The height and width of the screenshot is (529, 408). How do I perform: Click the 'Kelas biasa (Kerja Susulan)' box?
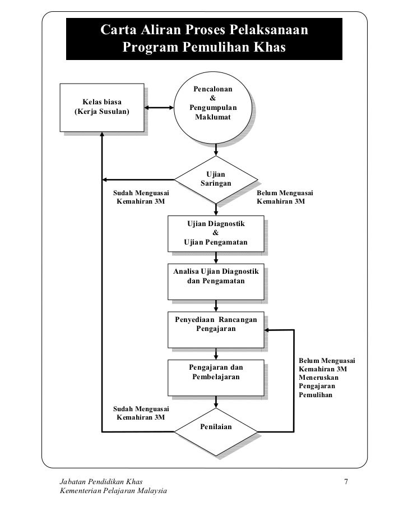click(102, 107)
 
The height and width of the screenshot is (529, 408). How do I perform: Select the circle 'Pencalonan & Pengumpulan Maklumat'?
click(212, 107)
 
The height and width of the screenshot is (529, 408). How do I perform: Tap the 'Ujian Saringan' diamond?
click(216, 180)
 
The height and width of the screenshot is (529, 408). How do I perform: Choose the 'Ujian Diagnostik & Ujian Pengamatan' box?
click(216, 233)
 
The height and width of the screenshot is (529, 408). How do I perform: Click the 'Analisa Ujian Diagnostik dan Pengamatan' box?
click(216, 282)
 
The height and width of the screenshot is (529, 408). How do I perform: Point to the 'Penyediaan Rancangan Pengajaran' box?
click(216, 330)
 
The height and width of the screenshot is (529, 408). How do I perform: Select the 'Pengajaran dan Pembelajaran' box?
click(216, 378)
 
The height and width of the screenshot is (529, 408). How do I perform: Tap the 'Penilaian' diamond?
click(216, 432)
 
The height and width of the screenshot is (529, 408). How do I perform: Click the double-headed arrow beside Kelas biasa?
click(159, 108)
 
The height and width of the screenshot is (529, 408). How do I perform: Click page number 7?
click(346, 481)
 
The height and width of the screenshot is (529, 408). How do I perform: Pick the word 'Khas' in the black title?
click(270, 47)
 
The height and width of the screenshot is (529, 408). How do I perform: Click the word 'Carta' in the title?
click(118, 30)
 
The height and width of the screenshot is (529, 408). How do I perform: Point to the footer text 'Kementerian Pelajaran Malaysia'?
click(113, 490)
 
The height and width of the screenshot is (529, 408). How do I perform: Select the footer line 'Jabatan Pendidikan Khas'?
click(101, 481)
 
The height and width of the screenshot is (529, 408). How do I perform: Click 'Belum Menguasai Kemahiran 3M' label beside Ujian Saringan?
click(285, 197)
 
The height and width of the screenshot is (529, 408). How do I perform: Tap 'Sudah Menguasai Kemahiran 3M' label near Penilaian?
click(141, 413)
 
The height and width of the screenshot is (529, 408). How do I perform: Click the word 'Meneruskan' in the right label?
click(318, 378)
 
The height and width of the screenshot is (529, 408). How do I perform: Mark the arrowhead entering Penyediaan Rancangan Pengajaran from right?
click(267, 330)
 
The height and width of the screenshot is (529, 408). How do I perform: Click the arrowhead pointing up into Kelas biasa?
click(102, 134)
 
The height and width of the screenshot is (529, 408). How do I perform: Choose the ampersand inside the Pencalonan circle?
click(212, 98)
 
